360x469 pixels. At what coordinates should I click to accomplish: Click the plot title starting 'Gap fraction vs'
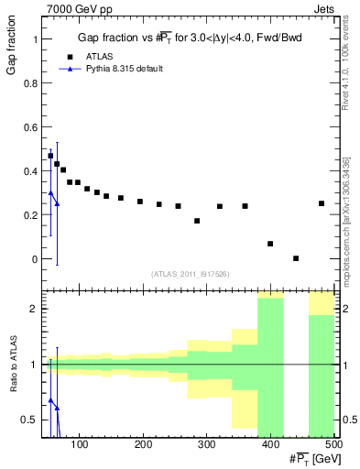(188, 38)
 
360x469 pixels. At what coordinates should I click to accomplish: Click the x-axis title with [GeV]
(308, 458)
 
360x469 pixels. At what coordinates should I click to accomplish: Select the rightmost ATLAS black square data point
(322, 203)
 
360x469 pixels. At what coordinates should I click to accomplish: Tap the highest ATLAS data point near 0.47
(50, 156)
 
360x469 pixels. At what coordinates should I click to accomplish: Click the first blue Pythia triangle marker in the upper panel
(50, 192)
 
